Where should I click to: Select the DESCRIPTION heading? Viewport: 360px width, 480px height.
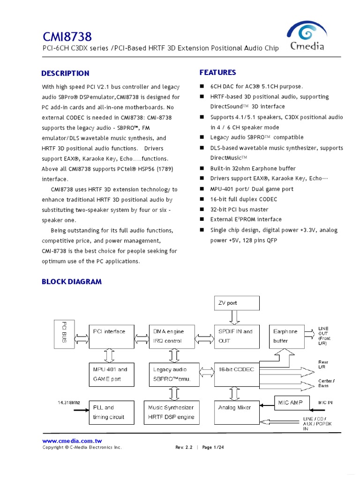[65, 73]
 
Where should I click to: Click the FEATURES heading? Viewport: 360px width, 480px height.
[217, 72]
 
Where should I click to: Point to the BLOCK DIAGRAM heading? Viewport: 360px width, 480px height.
[72, 282]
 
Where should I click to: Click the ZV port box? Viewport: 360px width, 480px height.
[236, 303]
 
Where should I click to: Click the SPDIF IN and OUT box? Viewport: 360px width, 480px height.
[236, 336]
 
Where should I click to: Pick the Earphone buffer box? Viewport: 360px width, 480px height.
[286, 336]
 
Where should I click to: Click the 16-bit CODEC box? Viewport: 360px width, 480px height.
[236, 374]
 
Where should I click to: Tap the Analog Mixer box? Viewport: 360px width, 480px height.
[236, 412]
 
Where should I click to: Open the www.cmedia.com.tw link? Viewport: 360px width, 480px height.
[72, 441]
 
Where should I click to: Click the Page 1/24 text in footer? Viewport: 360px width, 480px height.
[213, 447]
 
